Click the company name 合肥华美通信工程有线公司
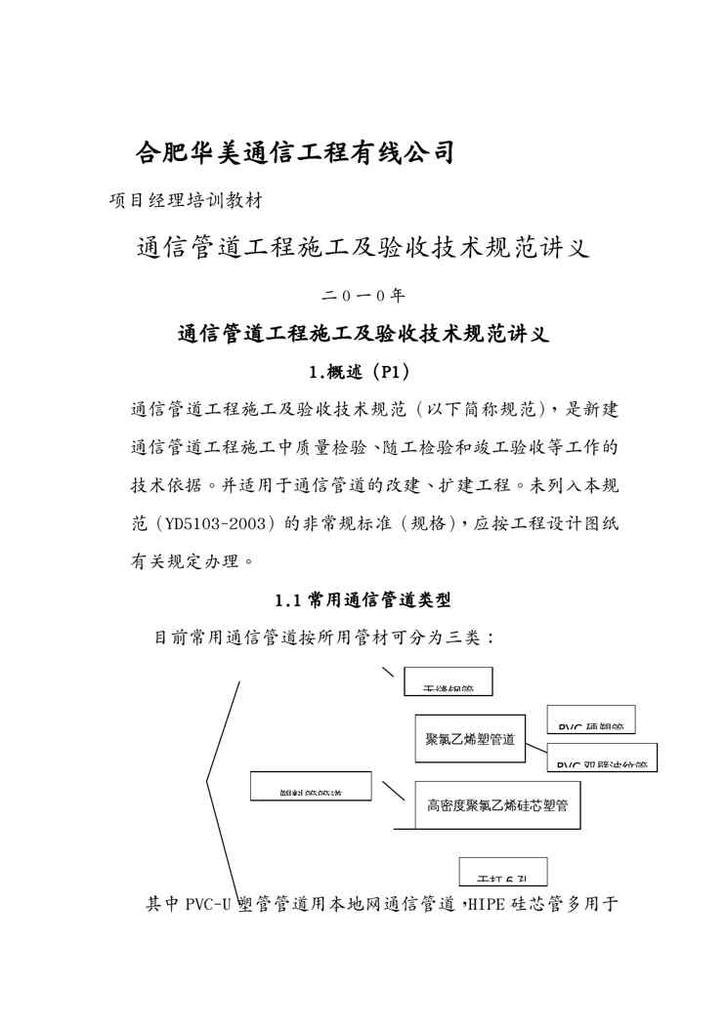(x=295, y=152)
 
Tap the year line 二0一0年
(x=363, y=295)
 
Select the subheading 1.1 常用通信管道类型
(x=363, y=599)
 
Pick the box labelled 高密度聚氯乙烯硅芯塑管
(x=498, y=805)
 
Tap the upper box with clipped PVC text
(x=590, y=720)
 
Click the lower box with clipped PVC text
(x=601, y=758)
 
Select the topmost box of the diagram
(x=449, y=681)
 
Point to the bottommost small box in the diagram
(x=503, y=871)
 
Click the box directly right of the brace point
(x=311, y=786)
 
